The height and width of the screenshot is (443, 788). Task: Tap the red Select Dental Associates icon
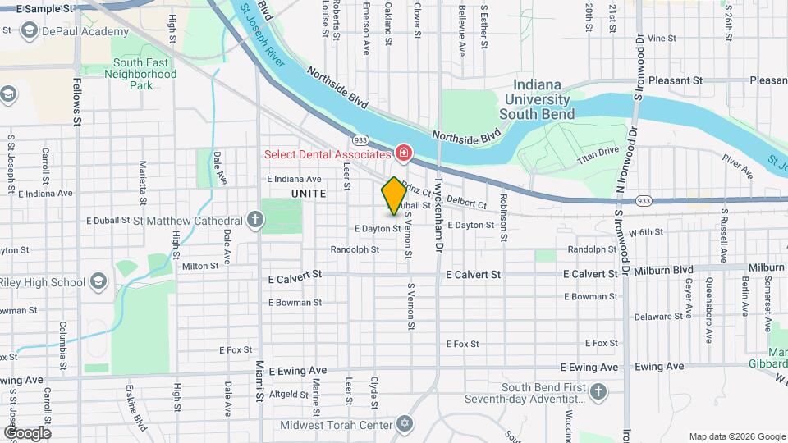pos(403,153)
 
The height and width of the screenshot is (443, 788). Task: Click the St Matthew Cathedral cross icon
pos(256,220)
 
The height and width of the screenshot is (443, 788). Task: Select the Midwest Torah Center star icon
pos(403,423)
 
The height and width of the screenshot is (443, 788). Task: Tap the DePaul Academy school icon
pos(29,31)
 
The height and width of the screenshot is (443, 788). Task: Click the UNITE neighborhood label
pos(308,194)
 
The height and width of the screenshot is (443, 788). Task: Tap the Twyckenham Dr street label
pos(439,212)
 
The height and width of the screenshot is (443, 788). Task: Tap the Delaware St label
pos(662,316)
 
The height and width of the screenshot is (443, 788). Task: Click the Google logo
pos(26,432)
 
